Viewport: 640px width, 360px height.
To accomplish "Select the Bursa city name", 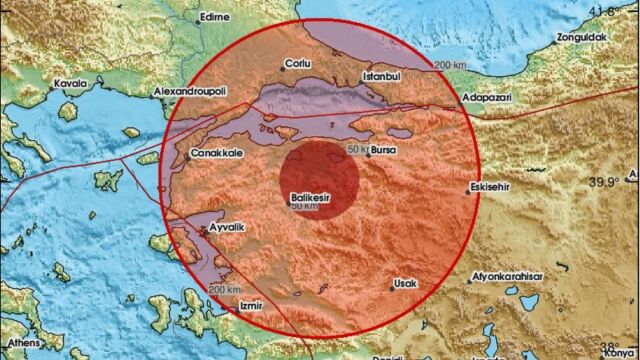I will (x=385, y=152).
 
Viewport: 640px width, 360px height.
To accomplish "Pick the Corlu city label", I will (x=299, y=62).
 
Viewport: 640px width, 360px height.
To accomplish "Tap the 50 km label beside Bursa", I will (x=357, y=149).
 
